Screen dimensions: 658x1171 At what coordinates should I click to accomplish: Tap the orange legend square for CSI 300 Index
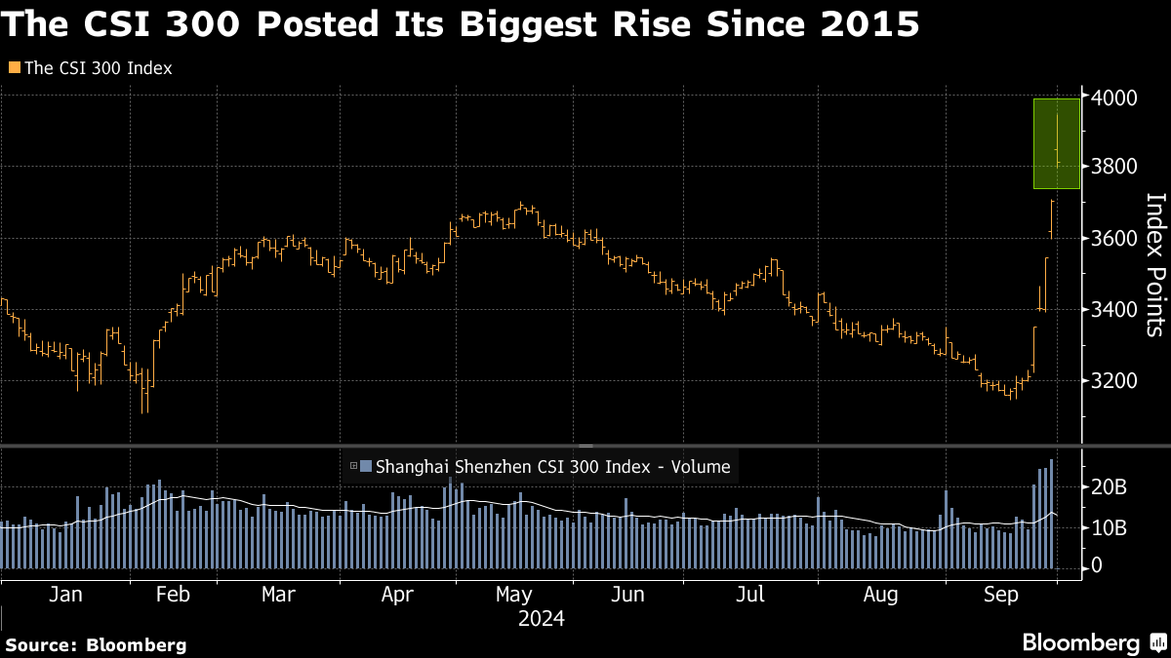point(13,68)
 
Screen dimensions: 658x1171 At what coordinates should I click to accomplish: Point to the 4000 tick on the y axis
point(1113,98)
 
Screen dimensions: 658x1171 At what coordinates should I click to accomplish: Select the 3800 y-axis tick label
point(1113,167)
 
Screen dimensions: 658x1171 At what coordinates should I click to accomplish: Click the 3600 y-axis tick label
point(1113,239)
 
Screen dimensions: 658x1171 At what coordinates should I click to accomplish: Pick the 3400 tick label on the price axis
point(1113,310)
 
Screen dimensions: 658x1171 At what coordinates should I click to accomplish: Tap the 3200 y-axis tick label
point(1113,380)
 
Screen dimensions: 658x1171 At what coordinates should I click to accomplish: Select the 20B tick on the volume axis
point(1110,487)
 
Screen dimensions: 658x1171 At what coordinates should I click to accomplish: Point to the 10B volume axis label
point(1110,527)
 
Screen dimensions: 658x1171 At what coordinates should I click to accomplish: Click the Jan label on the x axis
point(64,594)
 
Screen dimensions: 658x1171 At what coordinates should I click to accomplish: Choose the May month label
point(513,594)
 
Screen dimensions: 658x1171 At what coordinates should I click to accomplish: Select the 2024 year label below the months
point(542,618)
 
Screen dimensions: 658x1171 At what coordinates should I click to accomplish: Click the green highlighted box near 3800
point(1057,143)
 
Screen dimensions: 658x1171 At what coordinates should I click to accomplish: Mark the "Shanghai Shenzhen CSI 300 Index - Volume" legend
point(545,466)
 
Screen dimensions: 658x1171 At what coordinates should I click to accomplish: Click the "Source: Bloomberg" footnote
point(96,644)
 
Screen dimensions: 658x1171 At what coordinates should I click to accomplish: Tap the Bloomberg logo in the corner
point(1092,642)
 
